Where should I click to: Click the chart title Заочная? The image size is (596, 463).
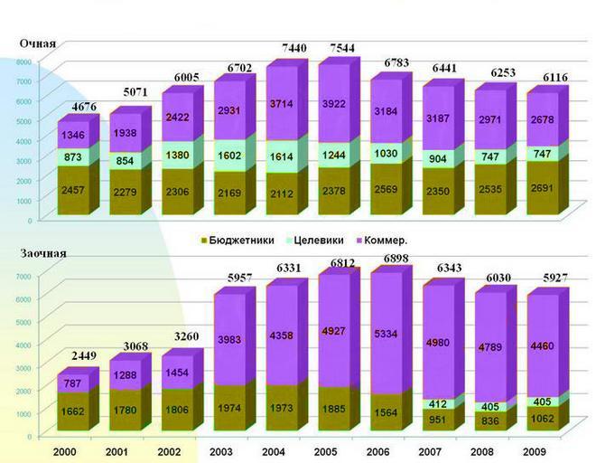click(x=44, y=255)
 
